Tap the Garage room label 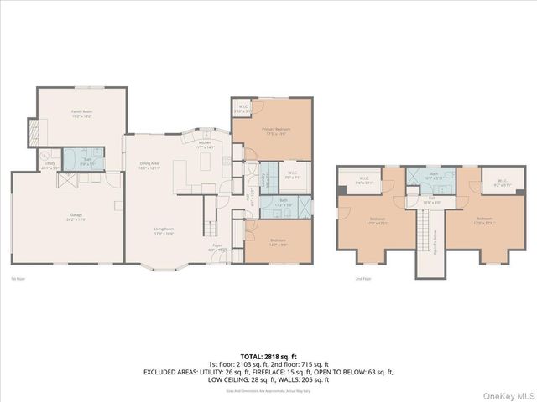64,216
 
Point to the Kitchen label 206,145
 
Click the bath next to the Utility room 86,161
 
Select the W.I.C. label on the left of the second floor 365,178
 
